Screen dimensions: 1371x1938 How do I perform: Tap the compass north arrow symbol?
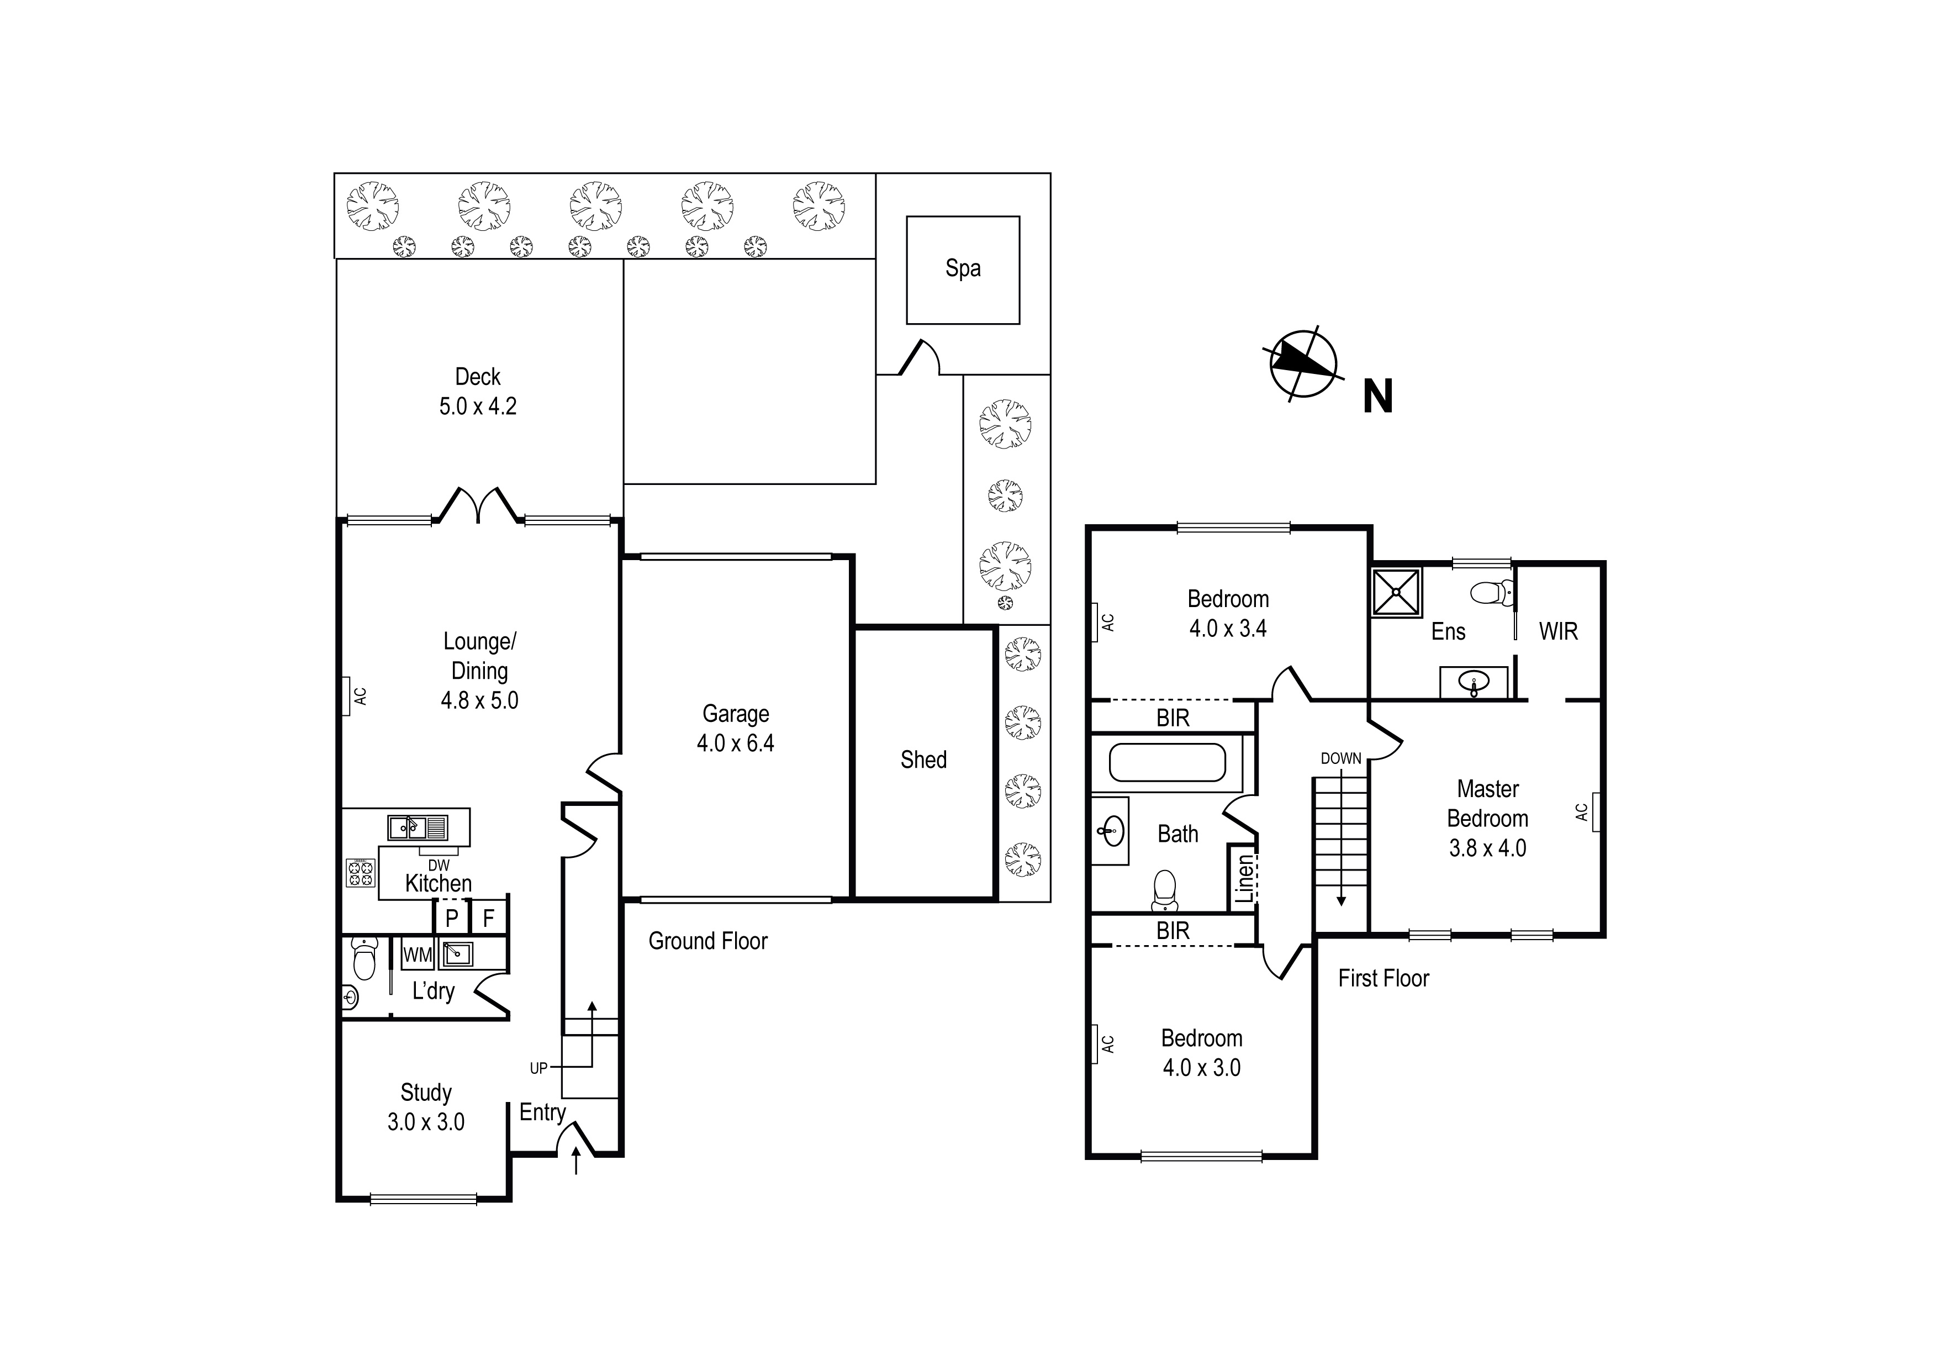tap(1303, 364)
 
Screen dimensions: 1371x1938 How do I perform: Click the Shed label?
tap(923, 759)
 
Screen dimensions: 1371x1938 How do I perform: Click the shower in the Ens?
tap(1396, 592)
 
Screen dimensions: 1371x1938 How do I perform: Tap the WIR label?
tap(1557, 631)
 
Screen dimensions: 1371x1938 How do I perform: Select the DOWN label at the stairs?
tap(1340, 758)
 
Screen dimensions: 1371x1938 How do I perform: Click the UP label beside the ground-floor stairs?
tap(538, 1068)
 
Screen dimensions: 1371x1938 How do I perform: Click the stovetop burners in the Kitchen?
tap(361, 872)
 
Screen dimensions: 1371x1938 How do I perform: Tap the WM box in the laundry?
tap(417, 955)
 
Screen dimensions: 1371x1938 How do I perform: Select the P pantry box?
tap(452, 917)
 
